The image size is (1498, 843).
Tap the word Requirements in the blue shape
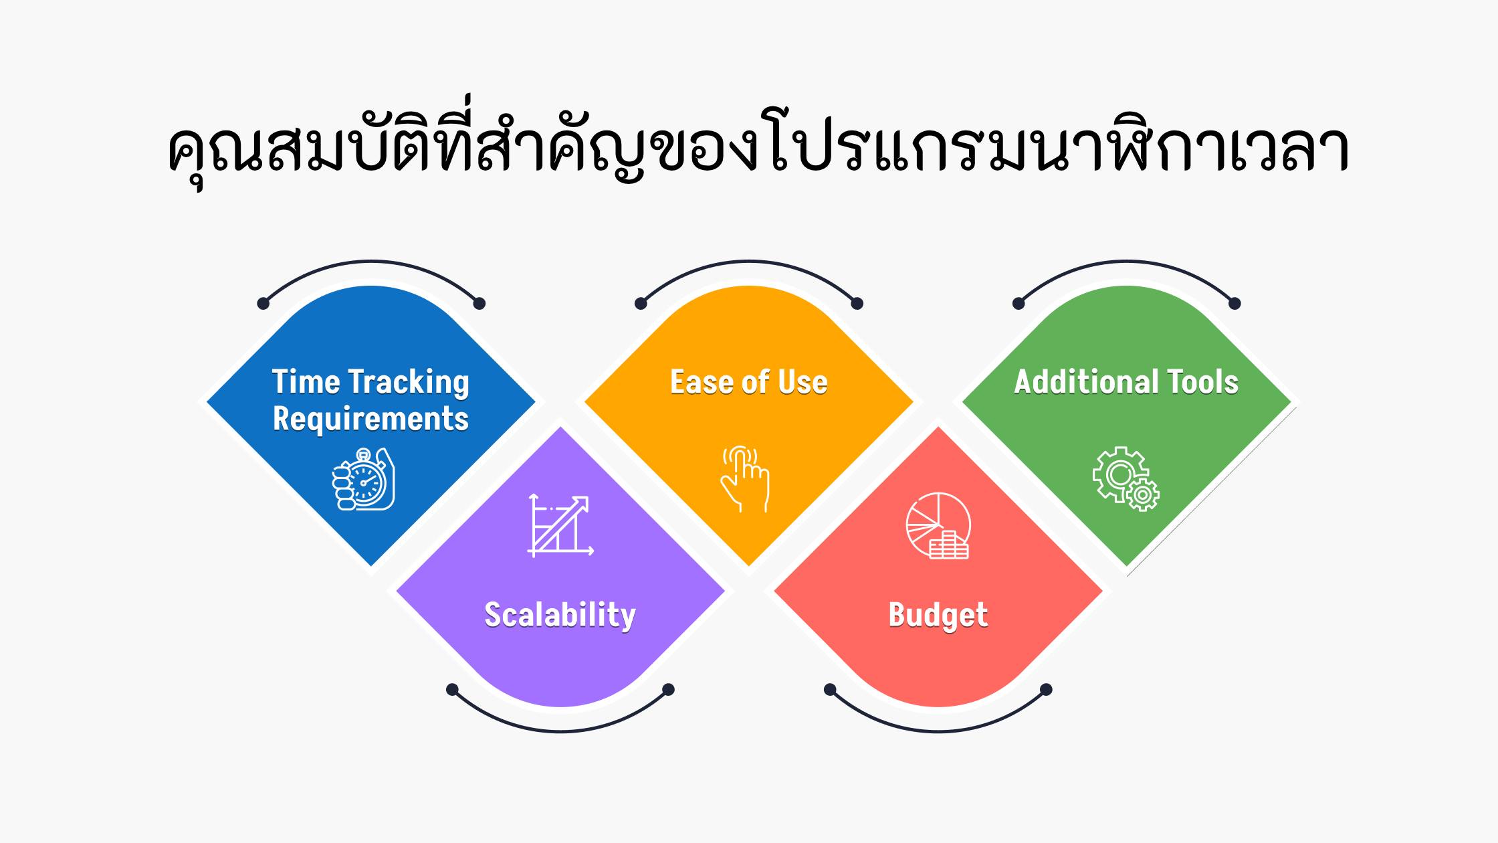click(370, 419)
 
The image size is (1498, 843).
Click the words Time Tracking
click(370, 382)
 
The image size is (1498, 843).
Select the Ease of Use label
click(749, 382)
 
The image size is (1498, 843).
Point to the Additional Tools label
click(1127, 382)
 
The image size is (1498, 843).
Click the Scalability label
click(560, 615)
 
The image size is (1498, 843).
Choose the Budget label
click(938, 615)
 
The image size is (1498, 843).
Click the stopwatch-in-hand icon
click(364, 479)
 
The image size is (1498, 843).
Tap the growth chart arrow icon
click(560, 525)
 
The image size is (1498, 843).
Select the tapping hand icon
click(745, 479)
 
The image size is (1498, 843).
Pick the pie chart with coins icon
click(938, 526)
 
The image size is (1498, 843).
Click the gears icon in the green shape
click(1126, 479)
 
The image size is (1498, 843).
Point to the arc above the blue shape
click(371, 262)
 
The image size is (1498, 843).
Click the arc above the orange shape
click(749, 262)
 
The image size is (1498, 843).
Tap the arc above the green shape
click(1127, 262)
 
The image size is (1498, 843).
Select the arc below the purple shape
click(560, 731)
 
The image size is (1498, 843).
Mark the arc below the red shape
click(938, 731)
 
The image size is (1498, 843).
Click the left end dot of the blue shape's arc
click(263, 304)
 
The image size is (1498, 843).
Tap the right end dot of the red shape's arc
click(1047, 689)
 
